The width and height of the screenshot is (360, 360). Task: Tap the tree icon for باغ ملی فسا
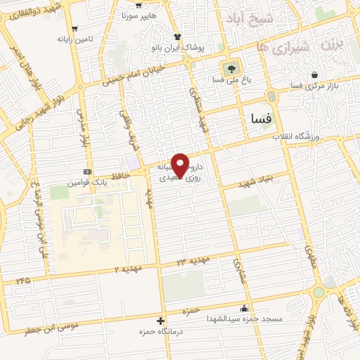pyautogui.click(x=229, y=69)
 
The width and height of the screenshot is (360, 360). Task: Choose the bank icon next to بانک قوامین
pyautogui.click(x=87, y=172)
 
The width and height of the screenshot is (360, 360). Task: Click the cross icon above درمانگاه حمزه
pyautogui.click(x=161, y=320)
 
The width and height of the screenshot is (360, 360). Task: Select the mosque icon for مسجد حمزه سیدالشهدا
pyautogui.click(x=243, y=308)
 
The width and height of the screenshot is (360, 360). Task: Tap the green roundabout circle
pyautogui.click(x=318, y=292)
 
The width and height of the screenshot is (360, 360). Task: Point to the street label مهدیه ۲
pyautogui.click(x=127, y=269)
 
